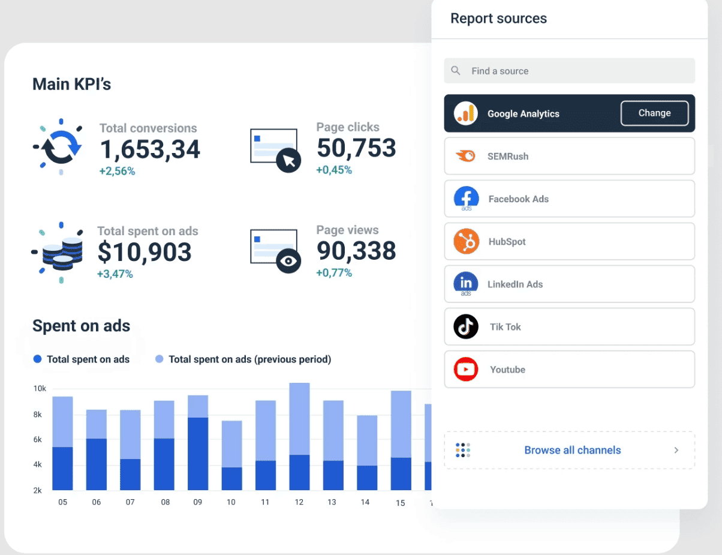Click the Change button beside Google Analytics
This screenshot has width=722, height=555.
pos(654,113)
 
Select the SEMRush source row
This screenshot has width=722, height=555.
pos(569,156)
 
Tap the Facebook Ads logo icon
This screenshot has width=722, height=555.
pos(466,199)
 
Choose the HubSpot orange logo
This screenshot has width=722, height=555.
pos(466,242)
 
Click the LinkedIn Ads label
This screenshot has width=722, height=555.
pos(515,284)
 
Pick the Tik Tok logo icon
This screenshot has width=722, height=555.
pos(466,327)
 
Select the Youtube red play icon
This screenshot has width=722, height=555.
pos(466,370)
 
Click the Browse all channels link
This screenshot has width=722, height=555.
pos(572,450)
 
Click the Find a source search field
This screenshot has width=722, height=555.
pos(569,71)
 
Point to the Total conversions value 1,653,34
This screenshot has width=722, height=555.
pos(149,149)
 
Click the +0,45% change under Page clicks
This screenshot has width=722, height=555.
pos(334,170)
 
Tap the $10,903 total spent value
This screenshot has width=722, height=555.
pos(145,253)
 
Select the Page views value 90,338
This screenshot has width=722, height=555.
pos(356,251)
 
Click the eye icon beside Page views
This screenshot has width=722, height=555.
pos(288,261)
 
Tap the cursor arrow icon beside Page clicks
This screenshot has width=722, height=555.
pos(288,160)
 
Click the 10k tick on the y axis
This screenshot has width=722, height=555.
pos(40,389)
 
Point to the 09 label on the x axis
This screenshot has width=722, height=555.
pos(197,502)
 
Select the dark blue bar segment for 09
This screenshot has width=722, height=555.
pos(197,454)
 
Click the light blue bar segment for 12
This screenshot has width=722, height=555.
pos(299,418)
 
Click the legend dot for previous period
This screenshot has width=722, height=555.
pos(159,359)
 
